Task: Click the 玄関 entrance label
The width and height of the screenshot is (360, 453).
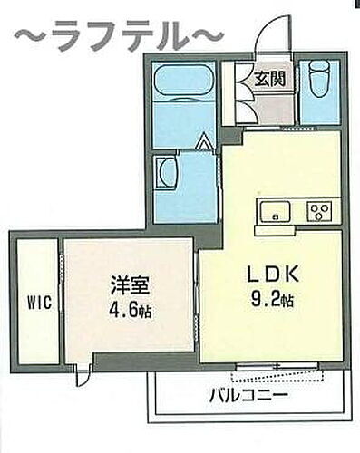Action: [269, 79]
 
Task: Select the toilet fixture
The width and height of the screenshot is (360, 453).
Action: [319, 82]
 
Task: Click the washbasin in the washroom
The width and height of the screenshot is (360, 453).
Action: [167, 172]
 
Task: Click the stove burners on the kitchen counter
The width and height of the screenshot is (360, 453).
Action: [319, 212]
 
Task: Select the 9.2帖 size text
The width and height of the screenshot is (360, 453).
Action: [269, 297]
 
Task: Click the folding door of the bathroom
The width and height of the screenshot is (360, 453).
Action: [205, 143]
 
